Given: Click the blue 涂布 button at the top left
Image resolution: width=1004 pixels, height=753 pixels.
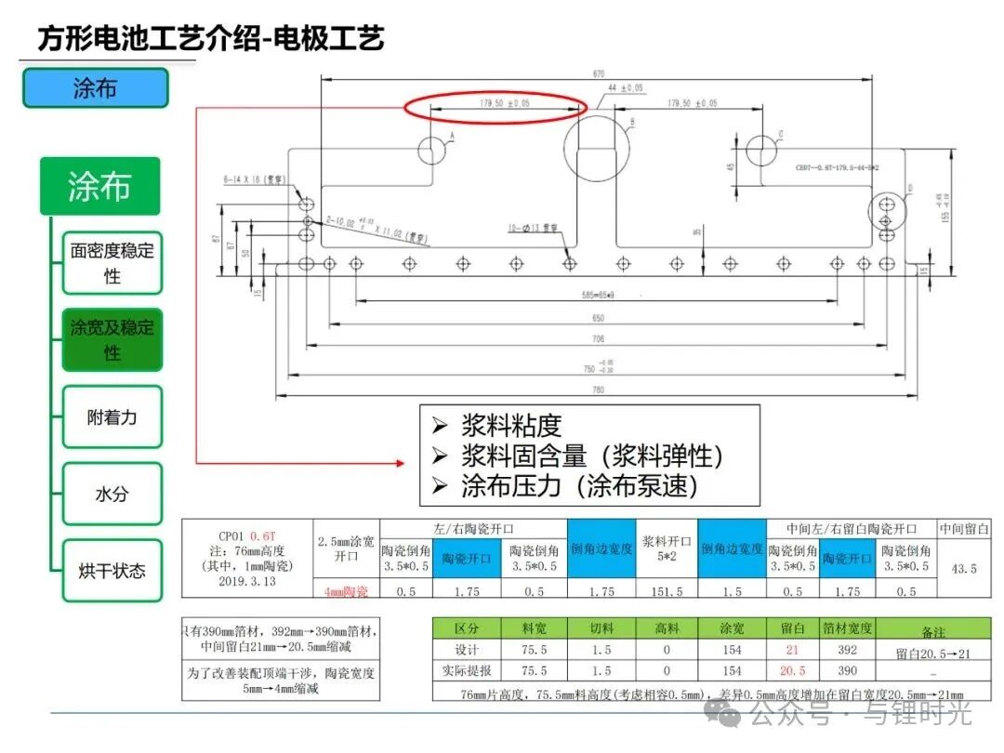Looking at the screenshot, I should [95, 88].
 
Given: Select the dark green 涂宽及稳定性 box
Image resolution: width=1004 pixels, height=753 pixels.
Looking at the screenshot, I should [112, 339].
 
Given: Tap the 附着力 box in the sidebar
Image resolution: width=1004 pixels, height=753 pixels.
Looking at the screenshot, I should [112, 417].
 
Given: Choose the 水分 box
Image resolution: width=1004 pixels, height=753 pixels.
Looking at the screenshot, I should [112, 494].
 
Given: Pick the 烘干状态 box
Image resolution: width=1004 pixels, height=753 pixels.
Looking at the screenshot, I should [112, 570].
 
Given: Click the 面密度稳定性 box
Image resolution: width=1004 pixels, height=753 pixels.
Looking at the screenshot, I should [112, 263].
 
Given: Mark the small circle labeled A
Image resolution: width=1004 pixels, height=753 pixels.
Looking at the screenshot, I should [433, 150].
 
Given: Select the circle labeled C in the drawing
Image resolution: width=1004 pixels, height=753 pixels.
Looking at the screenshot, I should [760, 148].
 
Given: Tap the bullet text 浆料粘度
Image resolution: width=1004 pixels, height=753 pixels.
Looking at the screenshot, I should [511, 426].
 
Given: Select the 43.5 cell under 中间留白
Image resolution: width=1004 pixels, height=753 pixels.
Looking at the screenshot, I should [963, 567].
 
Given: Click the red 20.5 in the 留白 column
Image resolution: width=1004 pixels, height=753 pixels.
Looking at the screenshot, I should [792, 670].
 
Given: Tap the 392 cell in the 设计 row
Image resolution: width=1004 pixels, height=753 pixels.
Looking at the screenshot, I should [847, 650].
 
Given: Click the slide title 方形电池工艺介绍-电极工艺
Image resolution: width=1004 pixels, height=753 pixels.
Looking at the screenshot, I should [211, 39].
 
